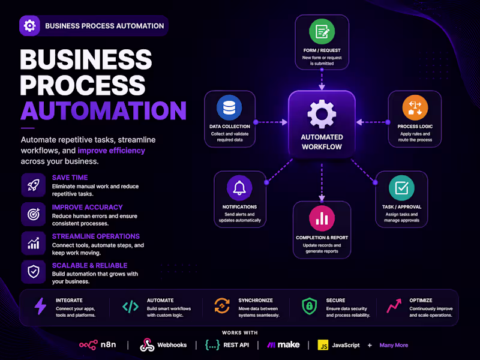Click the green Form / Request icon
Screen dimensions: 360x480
tap(322, 31)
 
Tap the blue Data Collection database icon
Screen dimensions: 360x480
tap(229, 107)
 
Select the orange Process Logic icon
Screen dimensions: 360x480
tap(415, 107)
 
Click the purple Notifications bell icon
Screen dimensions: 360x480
tap(239, 188)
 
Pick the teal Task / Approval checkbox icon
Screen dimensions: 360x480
tap(401, 188)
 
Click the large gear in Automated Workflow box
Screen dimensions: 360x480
tap(322, 113)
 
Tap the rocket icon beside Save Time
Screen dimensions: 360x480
tap(34, 185)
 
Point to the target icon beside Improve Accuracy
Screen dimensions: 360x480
tap(34, 214)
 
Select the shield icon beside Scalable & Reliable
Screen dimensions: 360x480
tap(34, 272)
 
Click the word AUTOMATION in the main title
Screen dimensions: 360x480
tap(103, 110)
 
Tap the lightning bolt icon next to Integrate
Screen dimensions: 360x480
tap(40, 307)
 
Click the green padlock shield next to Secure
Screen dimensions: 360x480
tap(309, 307)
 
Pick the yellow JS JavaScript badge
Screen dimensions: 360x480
tap(322, 345)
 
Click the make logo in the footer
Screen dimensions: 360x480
tap(284, 345)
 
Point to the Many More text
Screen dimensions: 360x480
tap(394, 345)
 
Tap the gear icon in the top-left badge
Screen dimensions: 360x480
tap(30, 26)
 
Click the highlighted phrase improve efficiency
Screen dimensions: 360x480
tap(111, 151)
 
